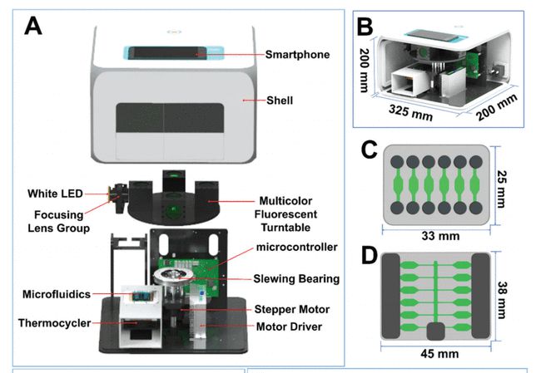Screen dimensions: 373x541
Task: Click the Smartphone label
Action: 298,56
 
